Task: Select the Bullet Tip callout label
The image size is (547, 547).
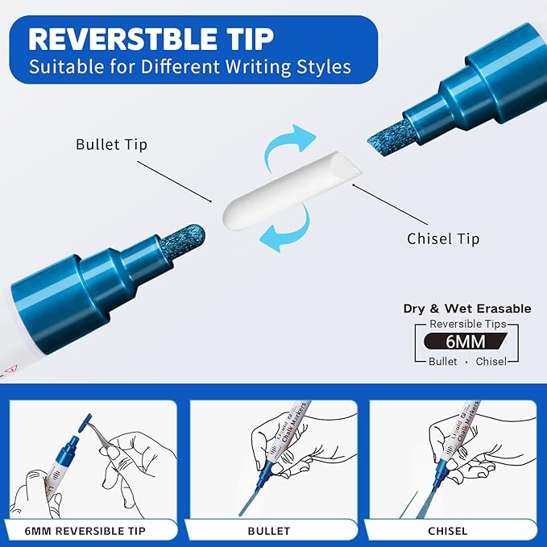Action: pos(112,144)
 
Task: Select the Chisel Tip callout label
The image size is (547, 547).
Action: pos(443,238)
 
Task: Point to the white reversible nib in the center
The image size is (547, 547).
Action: pos(292,188)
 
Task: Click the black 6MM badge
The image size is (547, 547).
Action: pos(466,342)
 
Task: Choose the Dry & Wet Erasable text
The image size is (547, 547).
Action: pos(467,309)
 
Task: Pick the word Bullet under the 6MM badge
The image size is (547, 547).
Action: pos(443,362)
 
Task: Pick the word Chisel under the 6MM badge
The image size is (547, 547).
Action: pos(491,362)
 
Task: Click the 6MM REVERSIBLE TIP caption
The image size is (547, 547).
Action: pos(85,531)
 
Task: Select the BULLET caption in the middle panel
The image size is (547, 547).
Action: pos(269,531)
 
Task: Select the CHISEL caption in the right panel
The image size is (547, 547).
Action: pos(448,531)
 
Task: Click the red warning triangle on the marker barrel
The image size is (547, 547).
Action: pos(10,368)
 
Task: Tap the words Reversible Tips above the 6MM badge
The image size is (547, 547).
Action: pos(468,324)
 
